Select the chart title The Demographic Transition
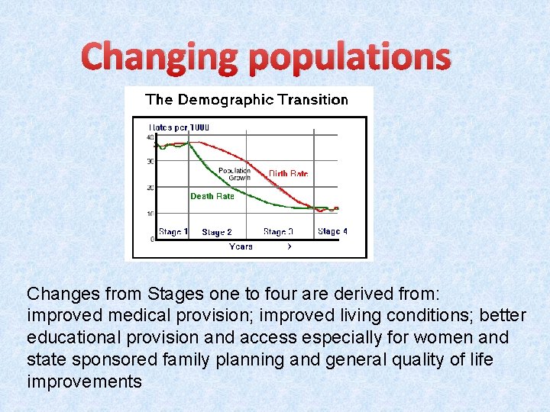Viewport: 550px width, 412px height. pos(246,99)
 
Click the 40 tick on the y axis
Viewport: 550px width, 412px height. pos(150,137)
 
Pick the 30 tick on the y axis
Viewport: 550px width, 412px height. pos(150,162)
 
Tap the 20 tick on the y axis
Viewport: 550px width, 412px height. pos(150,188)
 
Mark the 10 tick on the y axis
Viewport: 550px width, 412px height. pos(150,213)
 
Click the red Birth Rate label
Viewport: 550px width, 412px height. pos(288,174)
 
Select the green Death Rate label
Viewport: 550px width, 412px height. pos(212,196)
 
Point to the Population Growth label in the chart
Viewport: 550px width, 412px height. pos(234,174)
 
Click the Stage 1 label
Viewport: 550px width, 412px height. pos(173,232)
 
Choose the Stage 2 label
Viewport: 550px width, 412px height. pos(217,232)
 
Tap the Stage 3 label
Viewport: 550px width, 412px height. pos(278,232)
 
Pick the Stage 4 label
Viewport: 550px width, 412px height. pos(332,231)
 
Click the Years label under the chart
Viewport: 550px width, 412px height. pos(241,246)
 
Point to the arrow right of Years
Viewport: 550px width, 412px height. pos(289,246)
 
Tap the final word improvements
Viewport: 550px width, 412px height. pos(84,381)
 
